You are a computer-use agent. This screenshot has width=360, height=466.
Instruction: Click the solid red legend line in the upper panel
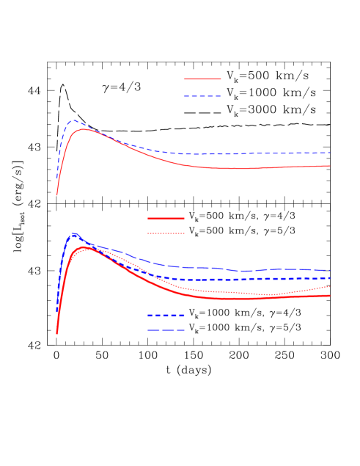pyautogui.click(x=202, y=79)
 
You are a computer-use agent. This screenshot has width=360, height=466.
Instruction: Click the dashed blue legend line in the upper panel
pyautogui.click(x=202, y=96)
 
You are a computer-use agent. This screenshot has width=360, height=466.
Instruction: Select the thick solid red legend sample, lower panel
pyautogui.click(x=166, y=218)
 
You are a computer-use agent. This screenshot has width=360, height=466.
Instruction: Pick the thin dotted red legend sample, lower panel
pyautogui.click(x=166, y=233)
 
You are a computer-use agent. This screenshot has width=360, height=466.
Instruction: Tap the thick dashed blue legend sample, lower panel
pyautogui.click(x=166, y=315)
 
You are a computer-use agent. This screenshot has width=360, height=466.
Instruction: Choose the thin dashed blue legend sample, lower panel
pyautogui.click(x=166, y=330)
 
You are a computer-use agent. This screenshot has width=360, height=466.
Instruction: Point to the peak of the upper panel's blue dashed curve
pyautogui.click(x=74, y=120)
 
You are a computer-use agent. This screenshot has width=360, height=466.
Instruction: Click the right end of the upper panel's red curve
pyautogui.click(x=330, y=166)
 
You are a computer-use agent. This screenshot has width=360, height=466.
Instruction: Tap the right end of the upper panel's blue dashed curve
pyautogui.click(x=330, y=153)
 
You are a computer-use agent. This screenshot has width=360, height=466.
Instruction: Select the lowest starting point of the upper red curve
pyautogui.click(x=57, y=195)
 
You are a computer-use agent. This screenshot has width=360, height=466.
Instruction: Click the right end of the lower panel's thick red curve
pyautogui.click(x=330, y=296)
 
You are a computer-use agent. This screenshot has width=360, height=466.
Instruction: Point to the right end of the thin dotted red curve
pyautogui.click(x=330, y=287)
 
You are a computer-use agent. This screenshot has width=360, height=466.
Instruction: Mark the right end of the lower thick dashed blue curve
pyautogui.click(x=330, y=278)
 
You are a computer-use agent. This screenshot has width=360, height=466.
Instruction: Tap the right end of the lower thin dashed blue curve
pyautogui.click(x=330, y=270)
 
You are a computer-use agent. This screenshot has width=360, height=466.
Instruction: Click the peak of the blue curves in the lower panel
pyautogui.click(x=74, y=235)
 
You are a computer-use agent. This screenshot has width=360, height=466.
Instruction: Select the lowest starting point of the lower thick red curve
pyautogui.click(x=56, y=333)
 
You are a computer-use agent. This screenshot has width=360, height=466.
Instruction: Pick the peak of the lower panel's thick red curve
pyautogui.click(x=85, y=248)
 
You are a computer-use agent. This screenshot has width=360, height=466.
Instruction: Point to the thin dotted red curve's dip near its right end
pyautogui.click(x=271, y=295)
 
